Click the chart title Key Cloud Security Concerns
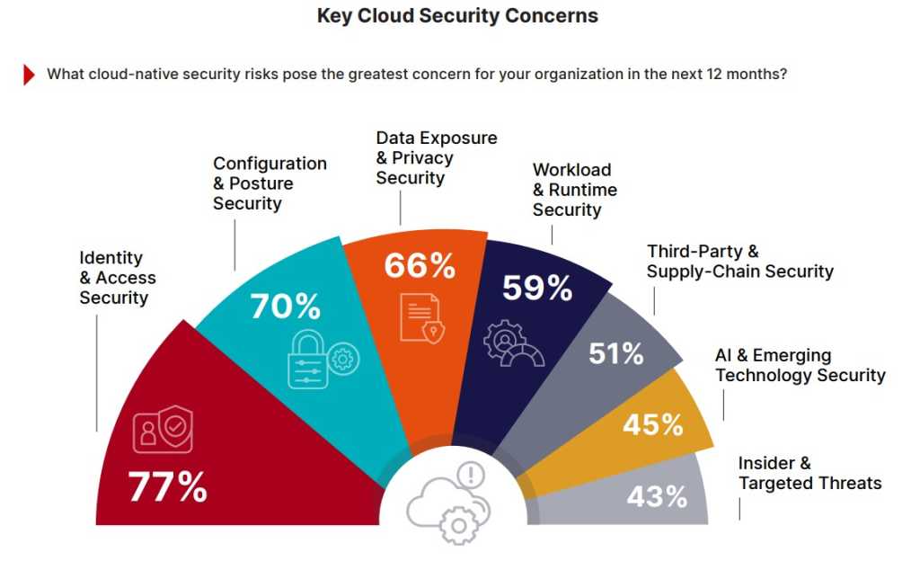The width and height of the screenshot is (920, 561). coord(457,16)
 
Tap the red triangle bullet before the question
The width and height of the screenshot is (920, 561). coord(30,75)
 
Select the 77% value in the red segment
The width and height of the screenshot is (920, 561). coord(168,487)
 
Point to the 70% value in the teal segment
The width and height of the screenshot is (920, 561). coord(285,306)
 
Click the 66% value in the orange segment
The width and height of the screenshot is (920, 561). coord(420,265)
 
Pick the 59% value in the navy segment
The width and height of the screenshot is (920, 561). coord(537,288)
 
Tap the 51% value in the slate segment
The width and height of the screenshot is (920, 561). coord(616,353)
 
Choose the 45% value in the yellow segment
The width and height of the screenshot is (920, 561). coord(653,423)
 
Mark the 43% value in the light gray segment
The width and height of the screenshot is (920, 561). coord(657,495)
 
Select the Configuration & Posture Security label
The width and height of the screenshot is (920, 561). coord(270,183)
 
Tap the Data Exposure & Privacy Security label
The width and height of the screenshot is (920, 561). coord(436,158)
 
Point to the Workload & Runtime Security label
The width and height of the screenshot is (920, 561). coord(574,190)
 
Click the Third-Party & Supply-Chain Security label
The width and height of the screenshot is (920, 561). coord(739,262)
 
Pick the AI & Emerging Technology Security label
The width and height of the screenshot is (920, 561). coord(800,365)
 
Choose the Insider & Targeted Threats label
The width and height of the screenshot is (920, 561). coord(809,474)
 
